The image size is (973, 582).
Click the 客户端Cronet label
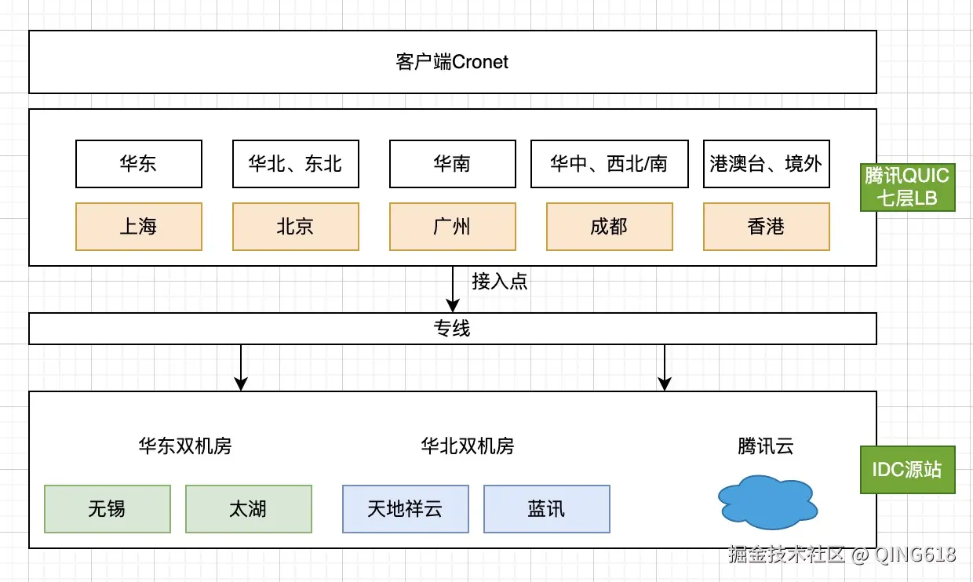[x=452, y=62]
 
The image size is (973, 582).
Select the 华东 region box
[x=139, y=164]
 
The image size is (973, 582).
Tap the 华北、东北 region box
[x=296, y=164]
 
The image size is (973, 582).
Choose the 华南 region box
[x=453, y=164]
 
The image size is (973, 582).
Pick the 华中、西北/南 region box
[x=609, y=164]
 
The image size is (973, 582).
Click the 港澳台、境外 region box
[x=766, y=164]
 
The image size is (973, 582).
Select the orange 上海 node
[x=139, y=227]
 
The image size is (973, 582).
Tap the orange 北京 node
[x=296, y=227]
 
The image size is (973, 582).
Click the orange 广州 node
[x=453, y=227]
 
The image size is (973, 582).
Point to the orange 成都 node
[x=609, y=227]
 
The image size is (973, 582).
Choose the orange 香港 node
[x=766, y=227]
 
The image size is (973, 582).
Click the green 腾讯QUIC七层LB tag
[x=907, y=187]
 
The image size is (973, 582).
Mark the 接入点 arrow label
[x=499, y=282]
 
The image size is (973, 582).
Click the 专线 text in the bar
[x=452, y=329]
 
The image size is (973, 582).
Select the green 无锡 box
[x=108, y=509]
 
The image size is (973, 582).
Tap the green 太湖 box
[x=249, y=509]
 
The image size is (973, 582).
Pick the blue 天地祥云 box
[x=406, y=509]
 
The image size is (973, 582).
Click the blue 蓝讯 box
[x=547, y=509]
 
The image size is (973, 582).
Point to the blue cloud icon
[x=767, y=503]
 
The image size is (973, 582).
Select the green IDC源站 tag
[x=907, y=470]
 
